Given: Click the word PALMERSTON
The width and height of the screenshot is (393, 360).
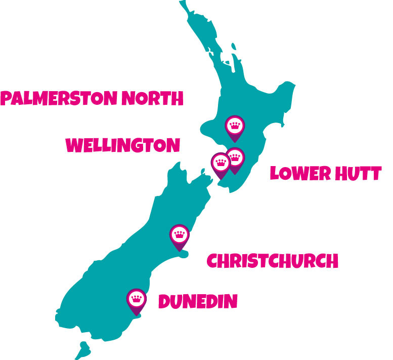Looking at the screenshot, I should click(x=59, y=98).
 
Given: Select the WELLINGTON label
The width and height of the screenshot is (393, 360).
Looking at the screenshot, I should click(x=123, y=145).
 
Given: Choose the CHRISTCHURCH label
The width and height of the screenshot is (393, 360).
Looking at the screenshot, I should click(x=272, y=261).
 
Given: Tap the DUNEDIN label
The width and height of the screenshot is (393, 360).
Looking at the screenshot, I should click(x=198, y=302).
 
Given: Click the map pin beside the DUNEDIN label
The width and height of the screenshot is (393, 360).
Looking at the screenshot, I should click(x=136, y=300).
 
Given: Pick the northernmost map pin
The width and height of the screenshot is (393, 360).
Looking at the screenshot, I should click(x=235, y=126).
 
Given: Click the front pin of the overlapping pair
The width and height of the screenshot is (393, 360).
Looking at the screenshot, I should click(x=221, y=164).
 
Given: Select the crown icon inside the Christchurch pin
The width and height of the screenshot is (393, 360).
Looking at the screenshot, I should click(x=179, y=233).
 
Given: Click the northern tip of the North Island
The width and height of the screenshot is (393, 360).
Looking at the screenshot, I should click(x=183, y=4).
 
